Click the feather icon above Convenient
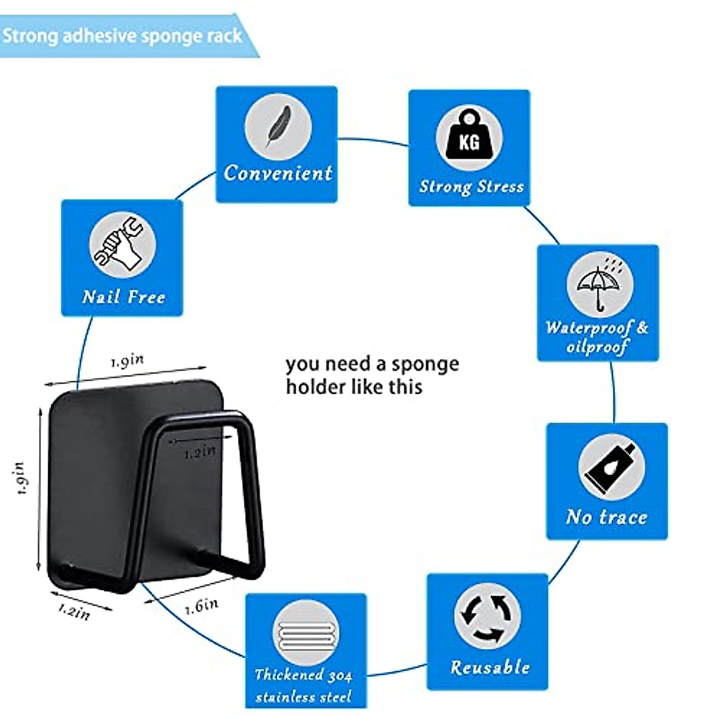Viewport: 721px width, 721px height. click(x=278, y=127)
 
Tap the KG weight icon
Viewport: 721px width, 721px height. click(x=469, y=139)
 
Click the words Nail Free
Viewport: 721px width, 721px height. click(x=124, y=297)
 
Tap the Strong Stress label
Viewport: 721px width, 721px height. click(x=472, y=187)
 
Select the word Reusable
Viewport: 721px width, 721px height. click(x=490, y=668)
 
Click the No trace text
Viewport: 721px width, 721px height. click(x=607, y=517)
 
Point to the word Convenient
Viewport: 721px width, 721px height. click(x=278, y=173)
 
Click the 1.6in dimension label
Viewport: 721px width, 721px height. click(x=202, y=606)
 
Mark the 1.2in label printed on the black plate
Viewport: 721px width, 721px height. click(x=199, y=452)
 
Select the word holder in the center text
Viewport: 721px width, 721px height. click(x=315, y=386)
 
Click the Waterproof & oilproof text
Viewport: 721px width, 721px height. click(x=597, y=337)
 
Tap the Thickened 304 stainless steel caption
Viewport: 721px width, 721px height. click(x=304, y=686)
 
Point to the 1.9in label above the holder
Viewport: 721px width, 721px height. click(x=127, y=360)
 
